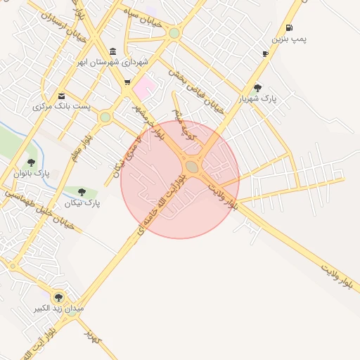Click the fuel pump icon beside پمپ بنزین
[290, 28]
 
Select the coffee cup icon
[265, 53]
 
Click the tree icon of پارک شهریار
[257, 89]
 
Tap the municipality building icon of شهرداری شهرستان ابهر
[114, 51]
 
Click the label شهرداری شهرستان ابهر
[112, 62]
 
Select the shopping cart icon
[127, 82]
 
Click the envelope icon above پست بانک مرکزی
[62, 96]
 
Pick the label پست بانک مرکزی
[62, 106]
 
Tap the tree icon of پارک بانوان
[31, 162]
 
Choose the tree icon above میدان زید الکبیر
[58, 297]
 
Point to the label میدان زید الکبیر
[60, 308]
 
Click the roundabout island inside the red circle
[192, 167]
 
